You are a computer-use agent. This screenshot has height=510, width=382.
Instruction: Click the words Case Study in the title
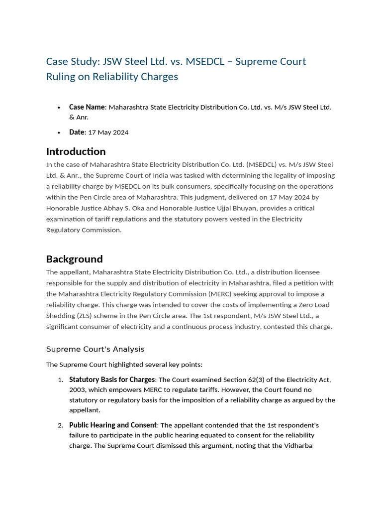pyautogui.click(x=72, y=61)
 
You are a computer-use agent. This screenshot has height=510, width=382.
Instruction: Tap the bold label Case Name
pyautogui.click(x=87, y=107)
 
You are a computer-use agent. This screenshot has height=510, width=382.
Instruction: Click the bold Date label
pyautogui.click(x=77, y=132)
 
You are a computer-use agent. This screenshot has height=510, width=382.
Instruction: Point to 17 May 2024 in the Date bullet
pyautogui.click(x=108, y=132)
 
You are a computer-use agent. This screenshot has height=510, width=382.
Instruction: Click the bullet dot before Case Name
pyautogui.click(x=59, y=108)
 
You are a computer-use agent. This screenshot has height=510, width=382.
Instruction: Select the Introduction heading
pyautogui.click(x=76, y=151)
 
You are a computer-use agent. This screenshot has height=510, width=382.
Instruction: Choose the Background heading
pyautogui.click(x=74, y=259)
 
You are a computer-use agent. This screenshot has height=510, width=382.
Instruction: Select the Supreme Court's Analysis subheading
pyautogui.click(x=95, y=349)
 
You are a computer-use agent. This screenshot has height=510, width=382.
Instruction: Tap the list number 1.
pyautogui.click(x=60, y=380)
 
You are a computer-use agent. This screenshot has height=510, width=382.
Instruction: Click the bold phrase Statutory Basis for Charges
pyautogui.click(x=112, y=380)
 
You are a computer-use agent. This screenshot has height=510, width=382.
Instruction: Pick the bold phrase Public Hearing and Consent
pyautogui.click(x=113, y=425)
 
